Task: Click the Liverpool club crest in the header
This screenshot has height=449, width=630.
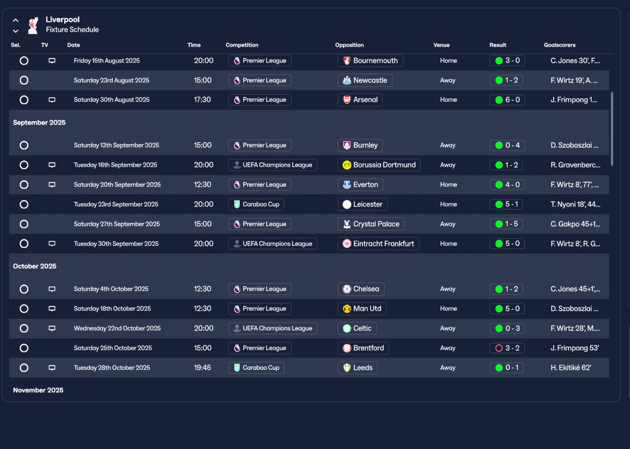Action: click(33, 26)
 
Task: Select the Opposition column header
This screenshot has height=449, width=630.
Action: click(349, 45)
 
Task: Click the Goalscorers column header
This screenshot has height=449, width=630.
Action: click(559, 45)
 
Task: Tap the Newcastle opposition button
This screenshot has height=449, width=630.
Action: click(365, 80)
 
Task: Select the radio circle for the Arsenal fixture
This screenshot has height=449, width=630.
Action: click(24, 100)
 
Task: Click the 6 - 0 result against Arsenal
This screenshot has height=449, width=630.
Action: click(507, 100)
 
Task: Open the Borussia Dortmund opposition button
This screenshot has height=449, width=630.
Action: click(379, 165)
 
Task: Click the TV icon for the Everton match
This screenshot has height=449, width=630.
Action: click(52, 185)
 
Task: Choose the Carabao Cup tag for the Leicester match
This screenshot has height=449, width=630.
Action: click(256, 204)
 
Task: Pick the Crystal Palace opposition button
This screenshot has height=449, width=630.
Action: click(371, 224)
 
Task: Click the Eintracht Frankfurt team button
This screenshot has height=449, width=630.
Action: click(378, 243)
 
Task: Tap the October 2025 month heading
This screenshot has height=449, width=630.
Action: click(35, 266)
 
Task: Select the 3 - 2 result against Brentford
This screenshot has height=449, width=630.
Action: click(507, 348)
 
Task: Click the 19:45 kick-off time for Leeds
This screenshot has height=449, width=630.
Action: click(203, 367)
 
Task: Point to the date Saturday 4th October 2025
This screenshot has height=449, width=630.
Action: click(111, 289)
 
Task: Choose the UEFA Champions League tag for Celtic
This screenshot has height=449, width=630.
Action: click(272, 328)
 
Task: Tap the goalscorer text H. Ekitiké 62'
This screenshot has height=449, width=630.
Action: click(571, 367)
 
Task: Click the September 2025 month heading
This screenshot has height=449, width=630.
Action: click(39, 122)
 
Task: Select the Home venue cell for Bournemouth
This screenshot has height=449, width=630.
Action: click(448, 60)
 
